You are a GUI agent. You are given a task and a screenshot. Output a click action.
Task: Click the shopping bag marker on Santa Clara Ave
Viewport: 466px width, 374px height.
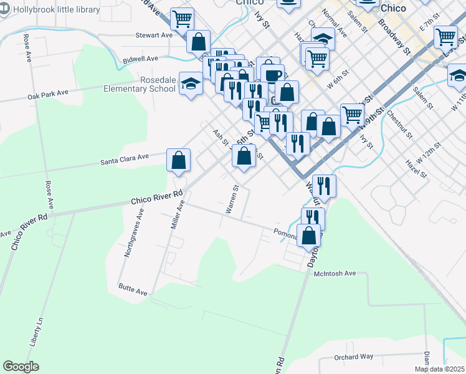(178, 160)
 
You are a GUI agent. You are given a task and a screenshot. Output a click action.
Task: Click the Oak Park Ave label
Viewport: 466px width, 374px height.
(47, 95)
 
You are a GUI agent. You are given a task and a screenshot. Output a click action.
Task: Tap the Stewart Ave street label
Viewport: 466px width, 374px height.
(154, 36)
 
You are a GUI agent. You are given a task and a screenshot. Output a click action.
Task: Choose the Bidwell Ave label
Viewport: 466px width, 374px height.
(141, 59)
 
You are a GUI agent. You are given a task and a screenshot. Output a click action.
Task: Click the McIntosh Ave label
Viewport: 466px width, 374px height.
(335, 273)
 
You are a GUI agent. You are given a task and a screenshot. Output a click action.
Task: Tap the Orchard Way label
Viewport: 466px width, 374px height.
(353, 357)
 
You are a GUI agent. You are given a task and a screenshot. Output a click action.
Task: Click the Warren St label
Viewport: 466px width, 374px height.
(232, 199)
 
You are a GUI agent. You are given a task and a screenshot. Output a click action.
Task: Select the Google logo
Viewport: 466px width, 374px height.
(21, 367)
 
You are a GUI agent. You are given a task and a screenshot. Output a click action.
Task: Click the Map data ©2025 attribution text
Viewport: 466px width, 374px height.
(439, 369)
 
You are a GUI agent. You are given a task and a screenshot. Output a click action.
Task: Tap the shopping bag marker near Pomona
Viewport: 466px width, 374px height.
(309, 236)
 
